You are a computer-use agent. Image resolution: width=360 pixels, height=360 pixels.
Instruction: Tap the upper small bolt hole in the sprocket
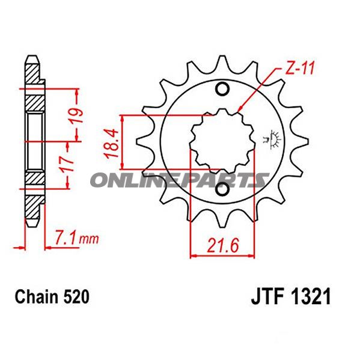click(x=222, y=90)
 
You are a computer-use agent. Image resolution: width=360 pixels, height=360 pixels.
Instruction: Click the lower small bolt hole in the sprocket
click(x=222, y=191)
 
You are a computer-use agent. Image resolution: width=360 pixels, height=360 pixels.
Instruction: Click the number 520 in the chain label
click(x=76, y=297)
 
